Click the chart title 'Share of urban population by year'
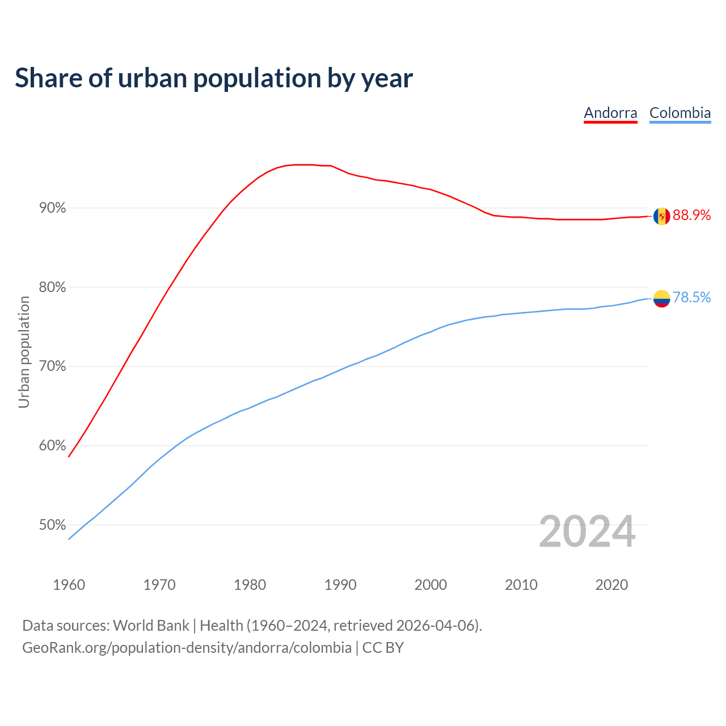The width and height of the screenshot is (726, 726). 214,78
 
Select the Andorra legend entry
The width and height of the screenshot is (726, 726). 610,113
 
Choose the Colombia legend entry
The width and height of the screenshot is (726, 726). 679,113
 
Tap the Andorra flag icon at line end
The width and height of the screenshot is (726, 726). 661,216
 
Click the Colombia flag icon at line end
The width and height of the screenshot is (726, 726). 661,298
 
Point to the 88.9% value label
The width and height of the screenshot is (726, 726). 691,216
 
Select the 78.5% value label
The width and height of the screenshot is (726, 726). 691,298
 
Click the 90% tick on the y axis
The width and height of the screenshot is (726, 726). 53,208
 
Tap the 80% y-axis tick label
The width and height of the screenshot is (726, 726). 53,288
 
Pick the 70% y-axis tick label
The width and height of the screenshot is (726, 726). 53,366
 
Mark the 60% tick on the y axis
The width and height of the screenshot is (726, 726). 53,446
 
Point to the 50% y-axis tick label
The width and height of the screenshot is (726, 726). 53,525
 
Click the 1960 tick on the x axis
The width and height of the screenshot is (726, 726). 69,585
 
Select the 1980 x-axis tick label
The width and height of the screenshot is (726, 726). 250,585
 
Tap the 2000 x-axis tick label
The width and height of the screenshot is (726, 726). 430,585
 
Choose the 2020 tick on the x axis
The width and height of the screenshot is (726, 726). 611,585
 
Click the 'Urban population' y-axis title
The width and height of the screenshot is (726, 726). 24,352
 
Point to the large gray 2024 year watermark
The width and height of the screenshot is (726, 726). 586,532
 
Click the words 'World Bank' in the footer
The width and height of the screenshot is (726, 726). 151,626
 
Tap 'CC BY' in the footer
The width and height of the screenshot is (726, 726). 383,648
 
